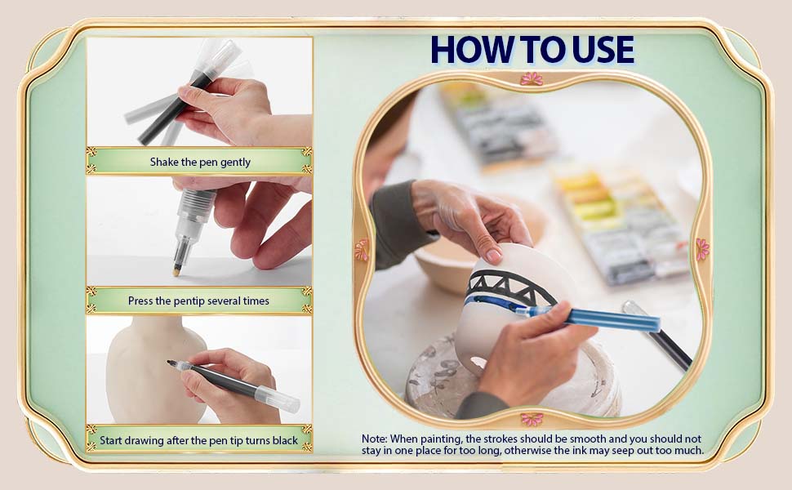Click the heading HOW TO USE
coord(532,50)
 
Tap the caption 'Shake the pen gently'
coord(200,163)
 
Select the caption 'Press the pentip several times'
coord(198,301)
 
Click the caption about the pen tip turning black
coord(198,440)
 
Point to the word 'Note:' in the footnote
coord(374,439)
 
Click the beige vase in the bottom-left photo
coord(152,370)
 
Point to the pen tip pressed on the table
coord(177,272)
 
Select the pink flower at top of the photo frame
coord(532,78)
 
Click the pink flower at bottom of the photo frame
coord(532,419)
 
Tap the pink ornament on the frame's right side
coord(703,250)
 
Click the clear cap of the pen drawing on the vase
coord(278,397)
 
